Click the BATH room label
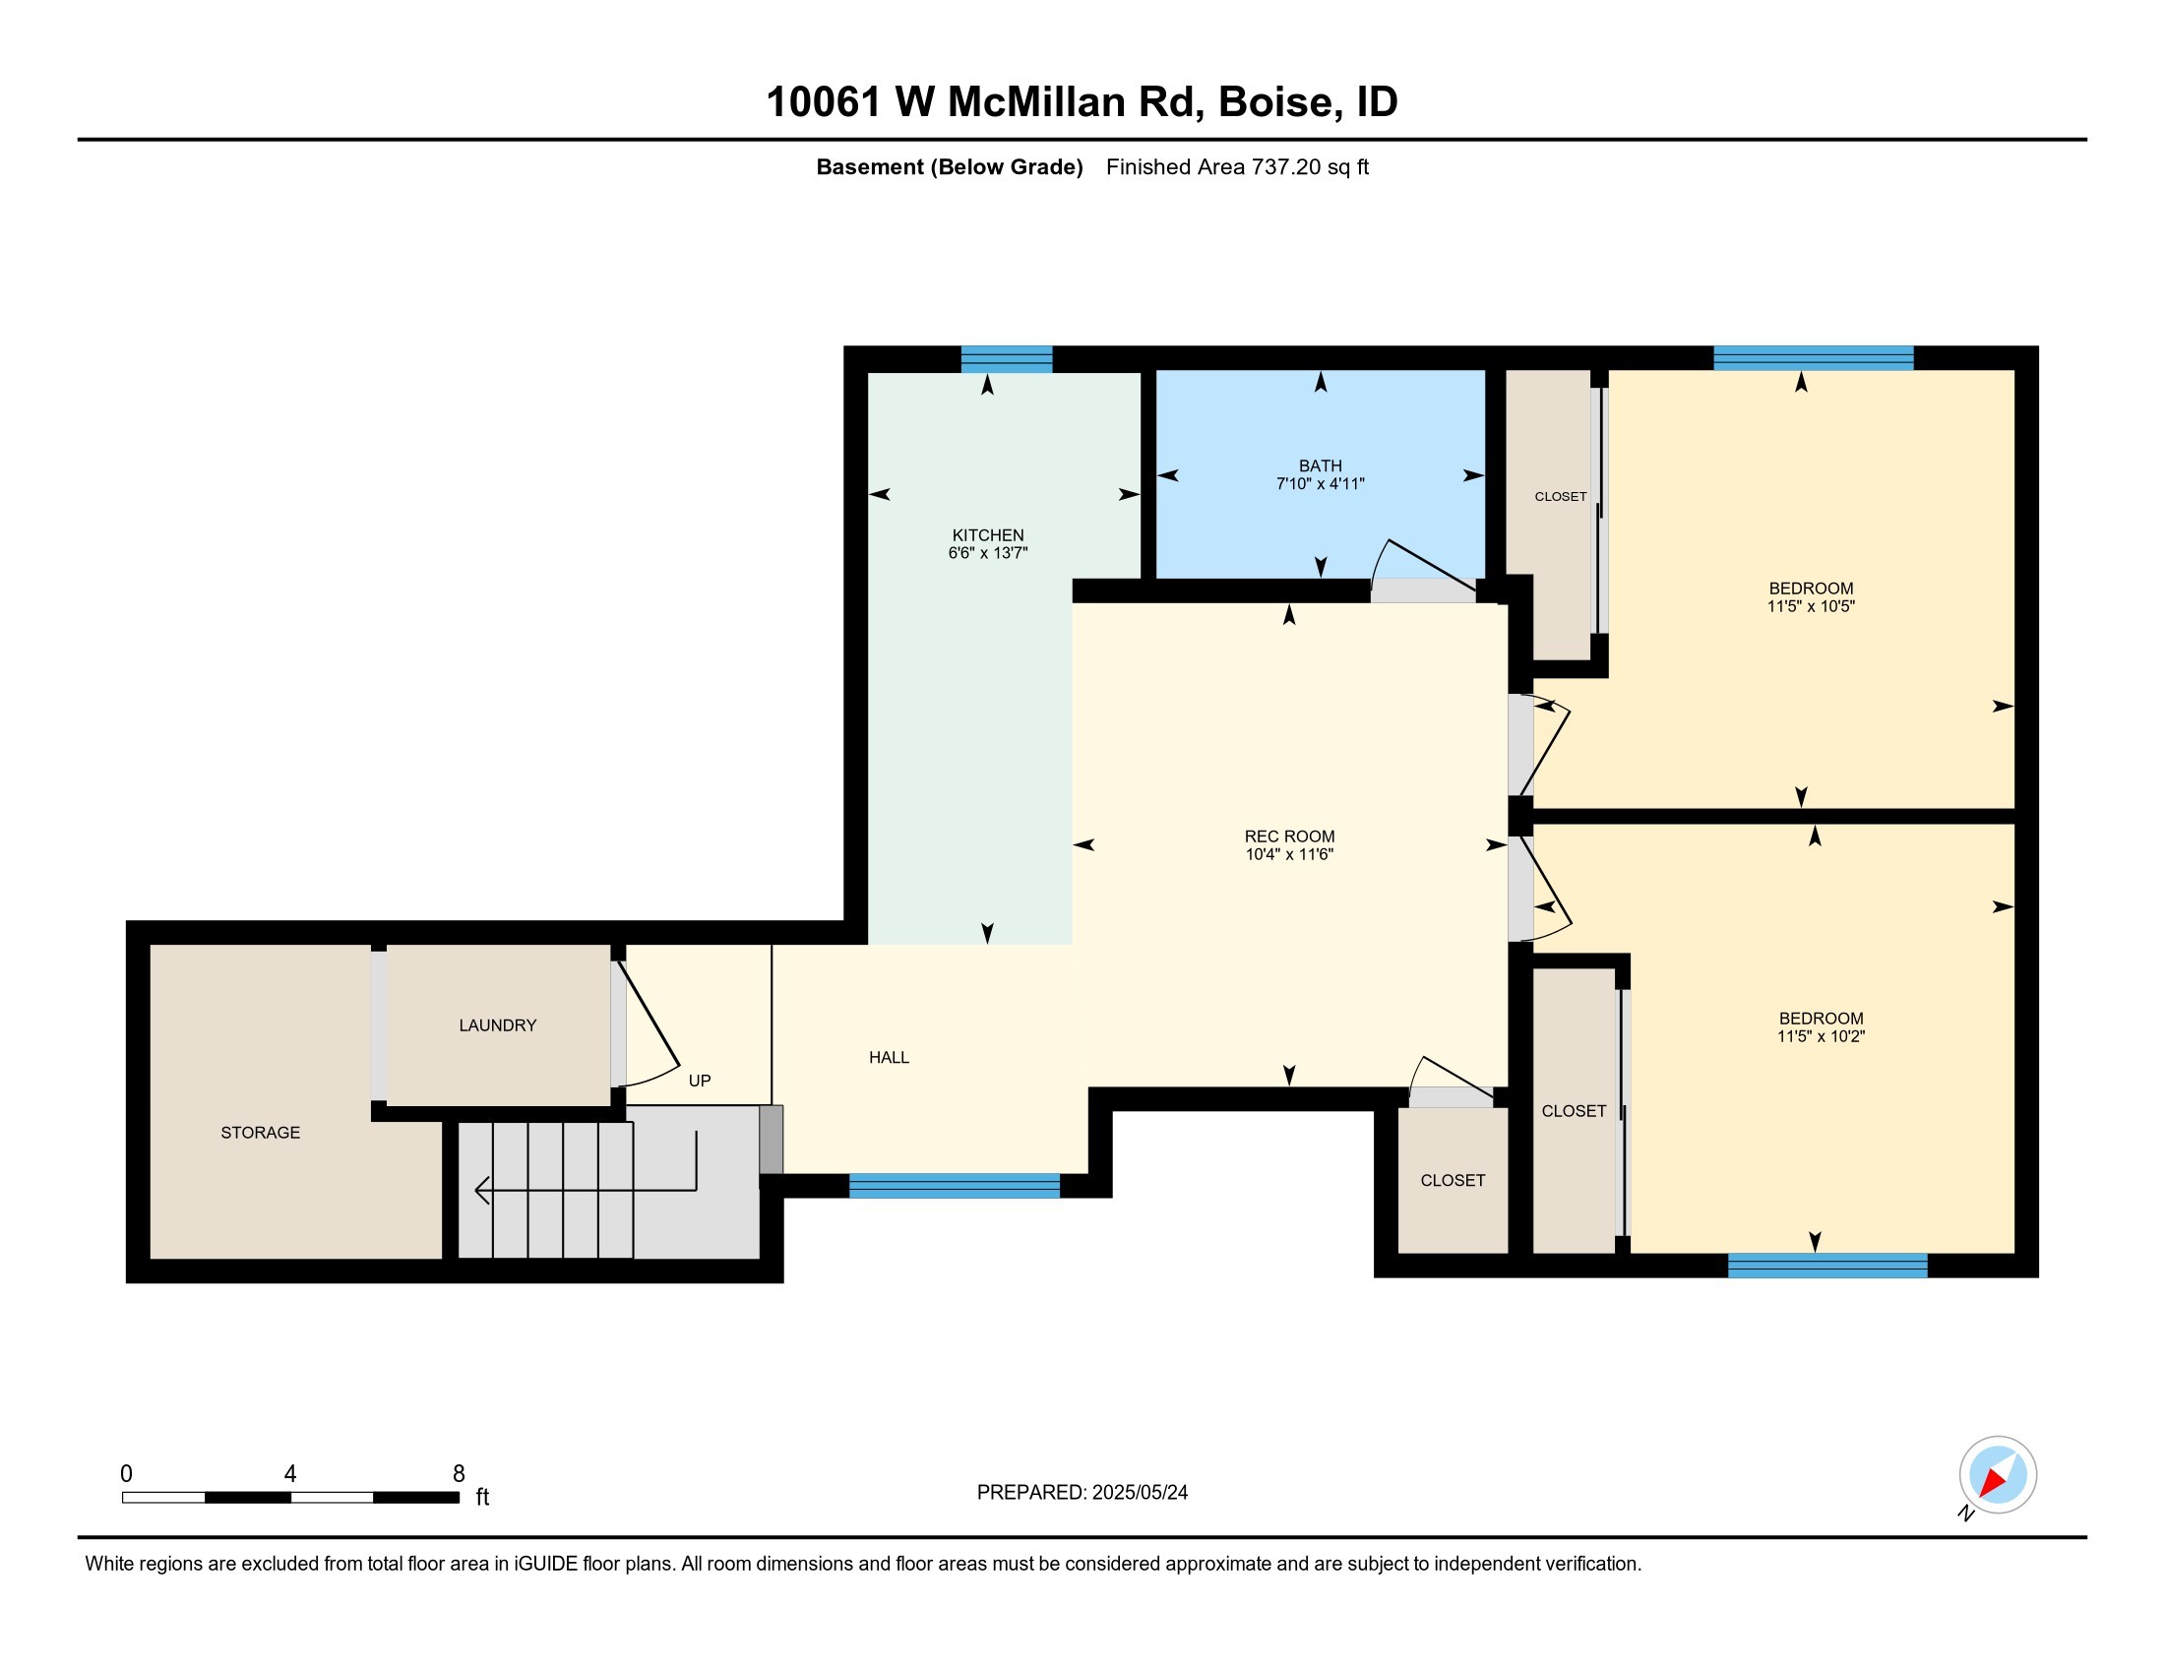pos(1321,465)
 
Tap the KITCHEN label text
pos(987,535)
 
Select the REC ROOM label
pos(1289,836)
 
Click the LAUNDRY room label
pos(498,1025)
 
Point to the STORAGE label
pos(260,1133)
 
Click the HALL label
pos(890,1058)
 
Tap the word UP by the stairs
pos(700,1081)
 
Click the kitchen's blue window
pos(1006,358)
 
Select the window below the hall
pos(955,1186)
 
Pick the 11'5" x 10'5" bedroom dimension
pos(1810,606)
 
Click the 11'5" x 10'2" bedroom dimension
pos(1821,1036)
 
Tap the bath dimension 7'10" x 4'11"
pos(1321,483)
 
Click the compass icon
pos(1998,1475)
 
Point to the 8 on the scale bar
pos(459,1474)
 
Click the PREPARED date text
pos(1082,1493)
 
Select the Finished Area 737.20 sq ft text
pos(1237,167)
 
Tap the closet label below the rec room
pos(1453,1180)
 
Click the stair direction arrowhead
pos(483,1190)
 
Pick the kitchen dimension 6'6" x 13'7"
pos(987,553)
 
